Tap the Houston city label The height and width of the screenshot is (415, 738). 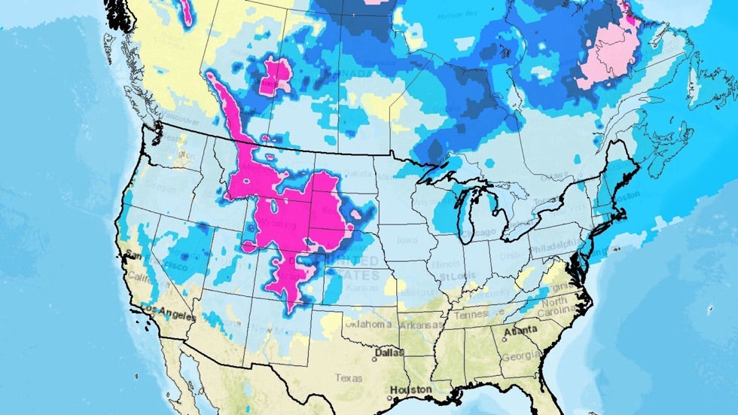click(410, 389)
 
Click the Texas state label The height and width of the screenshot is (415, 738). click(349, 377)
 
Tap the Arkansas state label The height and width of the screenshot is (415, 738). click(420, 325)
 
